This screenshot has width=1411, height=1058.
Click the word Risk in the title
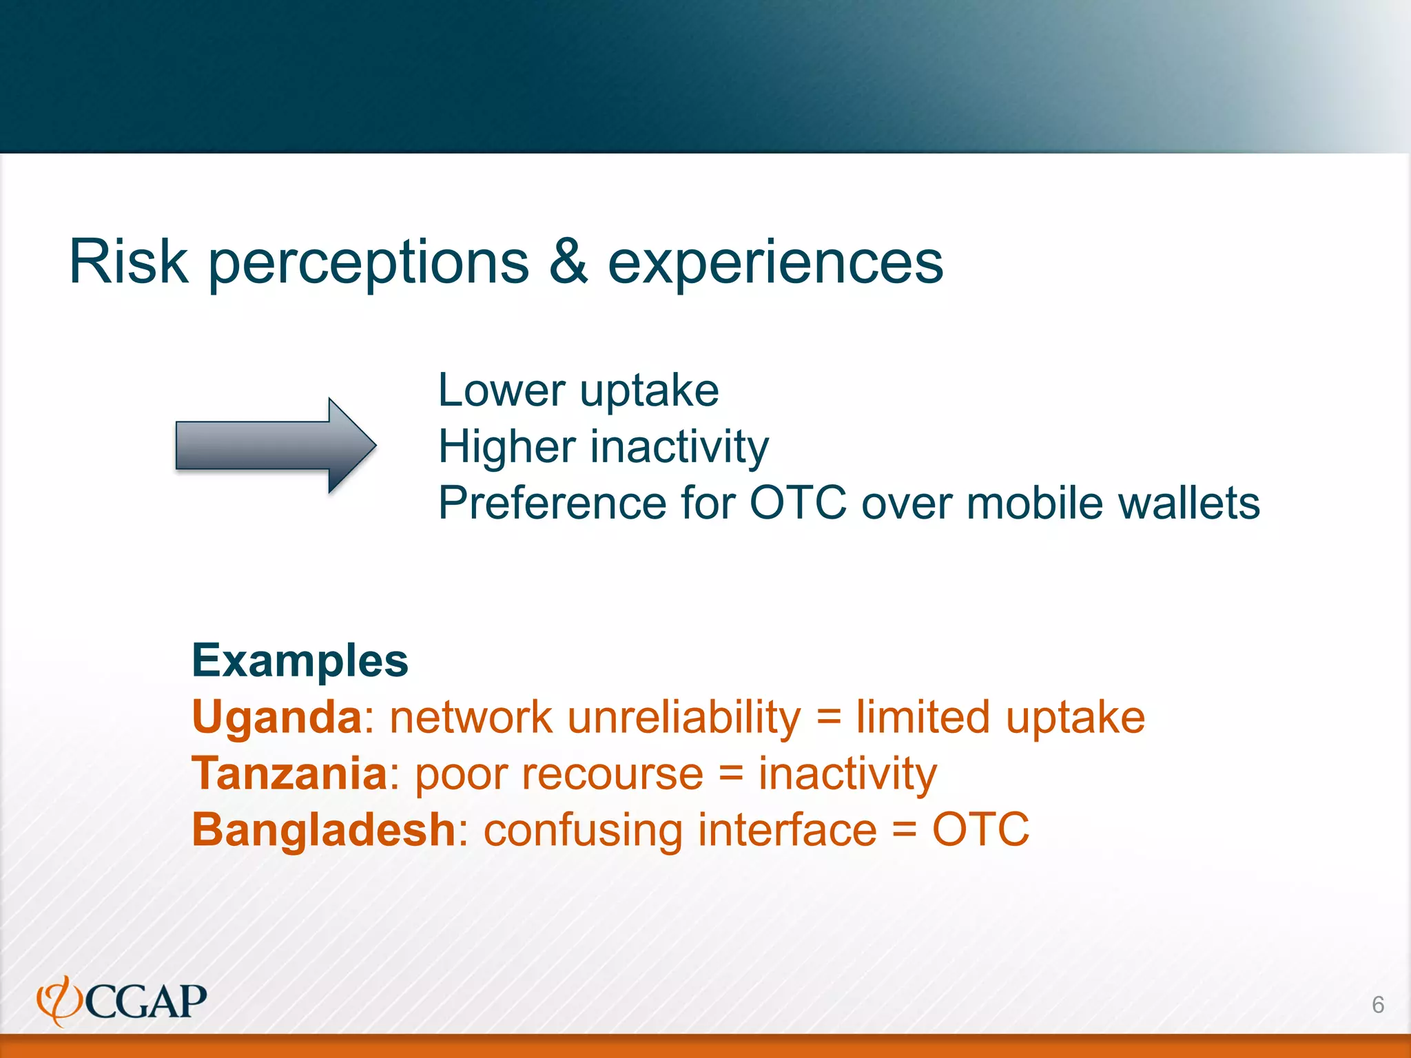tap(129, 262)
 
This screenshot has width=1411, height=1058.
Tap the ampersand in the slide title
tap(568, 262)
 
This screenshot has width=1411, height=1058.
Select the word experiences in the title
tap(775, 263)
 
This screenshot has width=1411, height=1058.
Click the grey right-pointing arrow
tap(276, 446)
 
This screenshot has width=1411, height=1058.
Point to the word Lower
tap(501, 391)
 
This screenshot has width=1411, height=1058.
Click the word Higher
tap(507, 446)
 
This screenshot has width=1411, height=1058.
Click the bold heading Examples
tap(300, 661)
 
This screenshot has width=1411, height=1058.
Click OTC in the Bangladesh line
tap(980, 829)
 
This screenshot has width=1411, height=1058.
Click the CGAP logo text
tap(146, 1002)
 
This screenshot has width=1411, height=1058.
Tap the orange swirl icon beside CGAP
tap(59, 1001)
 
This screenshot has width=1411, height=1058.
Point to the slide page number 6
tap(1377, 1004)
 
